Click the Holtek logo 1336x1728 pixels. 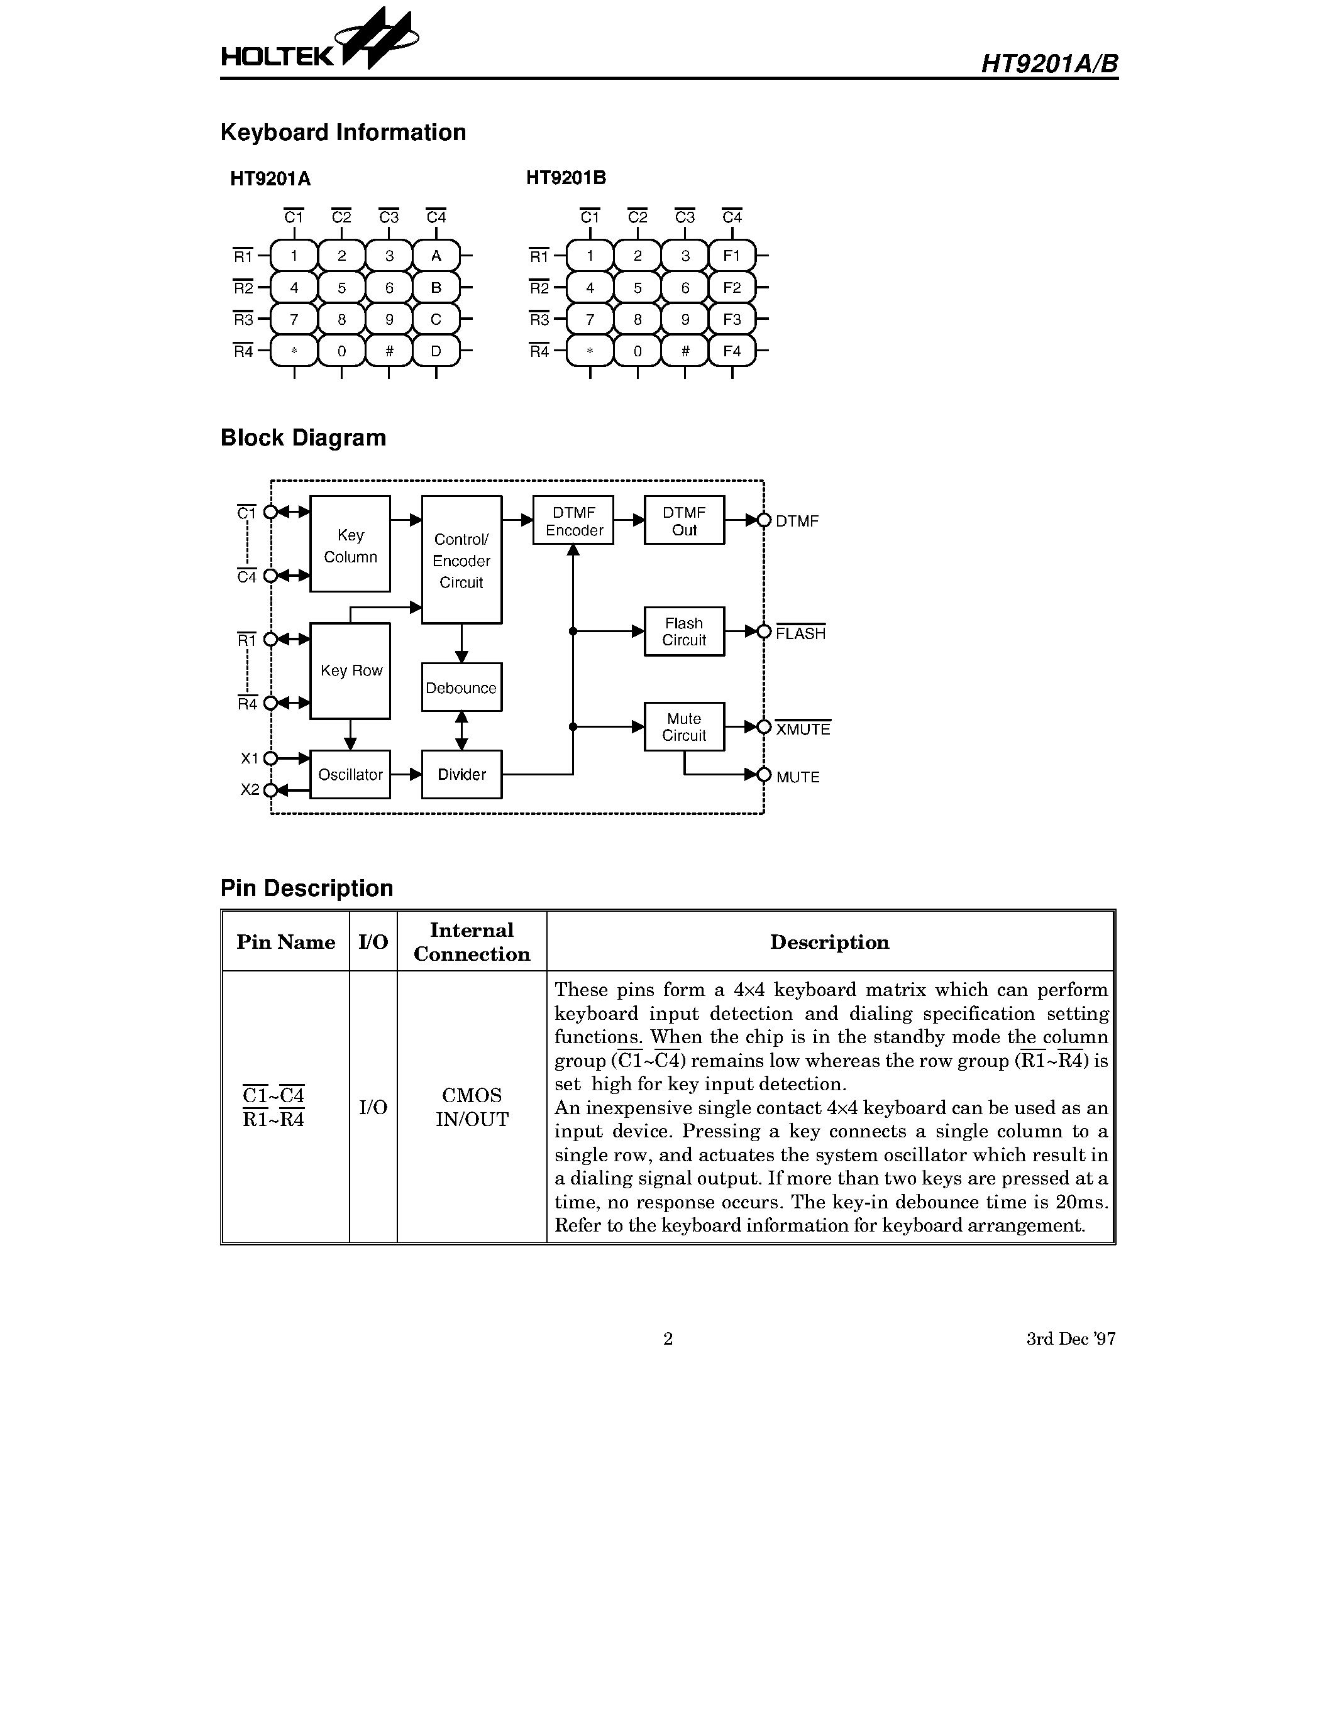(x=319, y=43)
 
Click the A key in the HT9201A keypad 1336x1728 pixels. (x=436, y=256)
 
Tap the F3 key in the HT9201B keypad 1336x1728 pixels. (x=732, y=320)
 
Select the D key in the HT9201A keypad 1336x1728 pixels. (x=436, y=351)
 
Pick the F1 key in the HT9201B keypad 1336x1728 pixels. (x=732, y=256)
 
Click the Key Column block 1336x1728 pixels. (x=350, y=544)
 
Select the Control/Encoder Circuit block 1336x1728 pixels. (x=461, y=560)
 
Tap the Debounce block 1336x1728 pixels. (x=461, y=687)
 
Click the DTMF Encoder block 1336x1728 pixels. (x=574, y=521)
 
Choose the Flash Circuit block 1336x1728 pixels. (x=684, y=632)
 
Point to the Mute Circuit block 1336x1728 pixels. (x=684, y=727)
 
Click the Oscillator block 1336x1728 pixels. (x=350, y=775)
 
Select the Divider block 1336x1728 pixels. (x=461, y=775)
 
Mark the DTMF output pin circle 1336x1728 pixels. (x=764, y=521)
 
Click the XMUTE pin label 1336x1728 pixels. (x=803, y=729)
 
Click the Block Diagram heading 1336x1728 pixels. (x=303, y=437)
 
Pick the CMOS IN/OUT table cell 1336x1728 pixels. (x=472, y=1107)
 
